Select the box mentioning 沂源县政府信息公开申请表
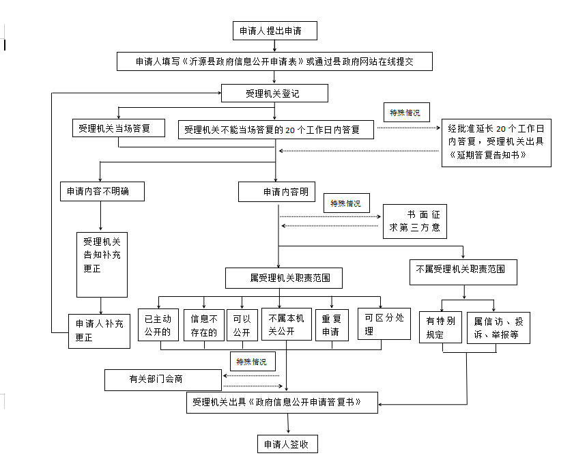[274, 61]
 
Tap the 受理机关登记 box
[274, 94]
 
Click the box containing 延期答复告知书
[496, 142]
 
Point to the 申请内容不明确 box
[102, 192]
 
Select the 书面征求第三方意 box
[415, 222]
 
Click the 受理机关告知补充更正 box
[102, 264]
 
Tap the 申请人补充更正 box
[99, 330]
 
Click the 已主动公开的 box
[158, 326]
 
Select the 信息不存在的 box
[204, 326]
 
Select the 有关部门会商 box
[162, 379]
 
